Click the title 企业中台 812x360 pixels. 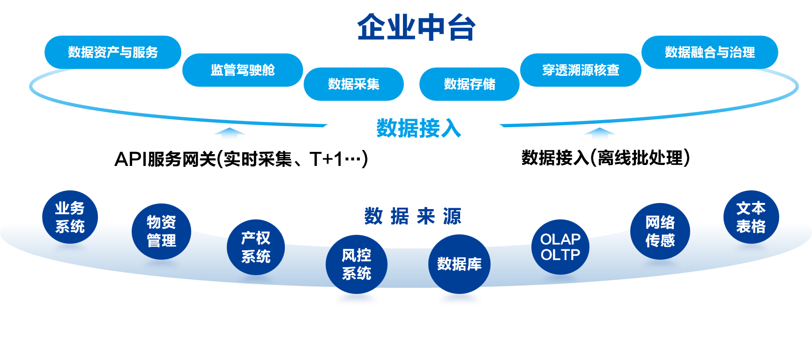click(x=416, y=27)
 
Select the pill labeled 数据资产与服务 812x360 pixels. click(x=112, y=52)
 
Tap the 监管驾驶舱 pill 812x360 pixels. click(x=242, y=70)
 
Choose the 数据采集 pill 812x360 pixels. click(x=353, y=84)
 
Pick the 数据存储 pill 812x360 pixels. click(x=469, y=84)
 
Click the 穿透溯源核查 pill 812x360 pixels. click(x=581, y=70)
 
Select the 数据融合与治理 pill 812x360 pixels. click(x=709, y=52)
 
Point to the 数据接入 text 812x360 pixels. click(x=418, y=128)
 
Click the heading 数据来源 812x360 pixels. click(x=413, y=217)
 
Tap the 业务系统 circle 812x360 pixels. click(x=70, y=217)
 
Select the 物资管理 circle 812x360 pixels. click(x=161, y=231)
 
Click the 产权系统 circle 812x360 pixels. click(x=256, y=247)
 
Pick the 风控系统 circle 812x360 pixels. click(x=357, y=264)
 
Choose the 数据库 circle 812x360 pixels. click(x=459, y=264)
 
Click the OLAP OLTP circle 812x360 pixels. click(x=560, y=247)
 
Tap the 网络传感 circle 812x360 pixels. click(x=660, y=231)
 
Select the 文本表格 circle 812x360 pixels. click(x=751, y=217)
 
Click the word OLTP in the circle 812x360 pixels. click(x=560, y=255)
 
